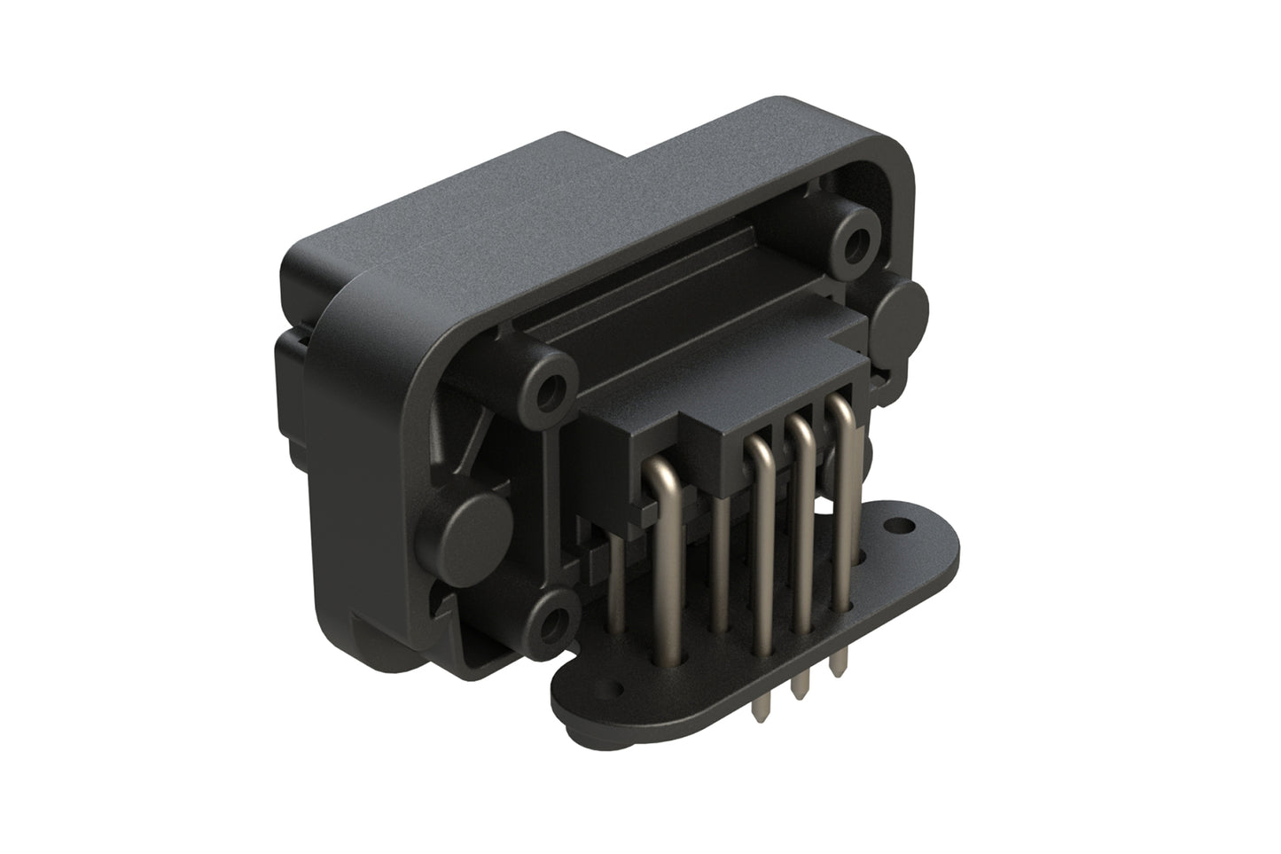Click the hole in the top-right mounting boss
pyautogui.click(x=856, y=239)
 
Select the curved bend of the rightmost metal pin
pyautogui.click(x=840, y=410)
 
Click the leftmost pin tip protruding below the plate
pyautogui.click(x=759, y=709)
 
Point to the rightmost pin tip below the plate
pyautogui.click(x=836, y=672)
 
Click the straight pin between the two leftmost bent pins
pyautogui.click(x=720, y=568)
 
